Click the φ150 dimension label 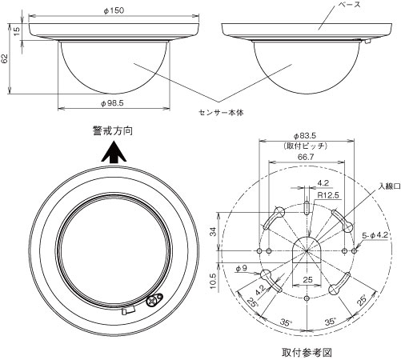point(114,10)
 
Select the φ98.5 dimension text point(112,103)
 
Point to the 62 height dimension point(4,58)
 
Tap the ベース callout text point(349,4)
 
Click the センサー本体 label point(221,112)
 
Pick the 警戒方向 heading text point(113,130)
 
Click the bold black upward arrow point(114,152)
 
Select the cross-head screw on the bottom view point(152,301)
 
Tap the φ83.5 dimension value point(305,136)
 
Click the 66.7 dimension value point(306,157)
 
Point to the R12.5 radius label point(328,195)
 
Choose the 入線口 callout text point(389,186)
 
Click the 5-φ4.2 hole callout point(375,235)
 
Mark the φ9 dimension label point(242,268)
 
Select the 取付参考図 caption point(307,353)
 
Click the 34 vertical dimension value point(213,231)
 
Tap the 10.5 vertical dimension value point(213,281)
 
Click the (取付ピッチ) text point(305,146)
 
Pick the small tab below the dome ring point(128,310)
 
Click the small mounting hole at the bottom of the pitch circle point(307,298)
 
